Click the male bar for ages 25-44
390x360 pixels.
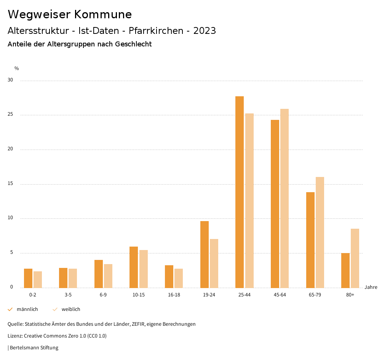pos(240,192)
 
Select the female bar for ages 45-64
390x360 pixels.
pos(285,198)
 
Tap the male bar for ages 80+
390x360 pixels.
pos(345,271)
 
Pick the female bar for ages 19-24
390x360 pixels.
pos(214,263)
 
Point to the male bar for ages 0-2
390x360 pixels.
pos(28,278)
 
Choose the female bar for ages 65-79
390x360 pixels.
pos(320,233)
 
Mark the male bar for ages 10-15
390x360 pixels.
pos(134,267)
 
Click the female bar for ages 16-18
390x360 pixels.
pos(179,278)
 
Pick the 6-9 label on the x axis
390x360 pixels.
pos(103,295)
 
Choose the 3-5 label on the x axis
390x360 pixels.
pos(68,295)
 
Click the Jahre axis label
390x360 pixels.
pos(371,287)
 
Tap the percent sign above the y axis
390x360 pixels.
pos(17,68)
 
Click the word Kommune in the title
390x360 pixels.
pos(103,14)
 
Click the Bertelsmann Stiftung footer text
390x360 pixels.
pos(34,348)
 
